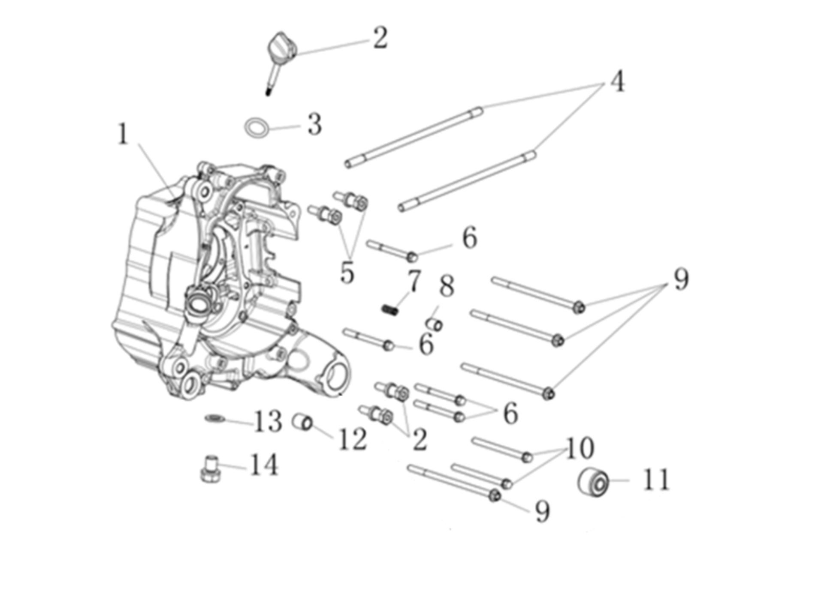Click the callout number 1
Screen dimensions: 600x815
tap(123, 134)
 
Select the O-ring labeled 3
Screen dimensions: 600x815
tap(257, 128)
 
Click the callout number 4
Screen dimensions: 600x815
tap(617, 81)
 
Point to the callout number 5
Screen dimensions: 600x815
tap(347, 273)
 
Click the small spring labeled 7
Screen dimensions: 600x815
tap(390, 309)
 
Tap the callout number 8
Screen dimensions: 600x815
tap(447, 286)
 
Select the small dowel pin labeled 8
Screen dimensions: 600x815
tap(435, 324)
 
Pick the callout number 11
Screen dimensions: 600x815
tap(656, 480)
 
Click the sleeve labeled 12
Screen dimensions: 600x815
tap(303, 422)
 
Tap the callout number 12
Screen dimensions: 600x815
tap(353, 439)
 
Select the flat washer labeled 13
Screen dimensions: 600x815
tap(215, 418)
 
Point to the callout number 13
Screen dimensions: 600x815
tap(268, 421)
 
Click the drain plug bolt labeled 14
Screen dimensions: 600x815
tap(211, 470)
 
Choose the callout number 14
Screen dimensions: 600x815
tap(264, 465)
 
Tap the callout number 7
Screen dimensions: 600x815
tap(414, 281)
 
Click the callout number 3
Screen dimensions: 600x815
tap(314, 125)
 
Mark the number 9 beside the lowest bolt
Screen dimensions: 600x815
tap(542, 511)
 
